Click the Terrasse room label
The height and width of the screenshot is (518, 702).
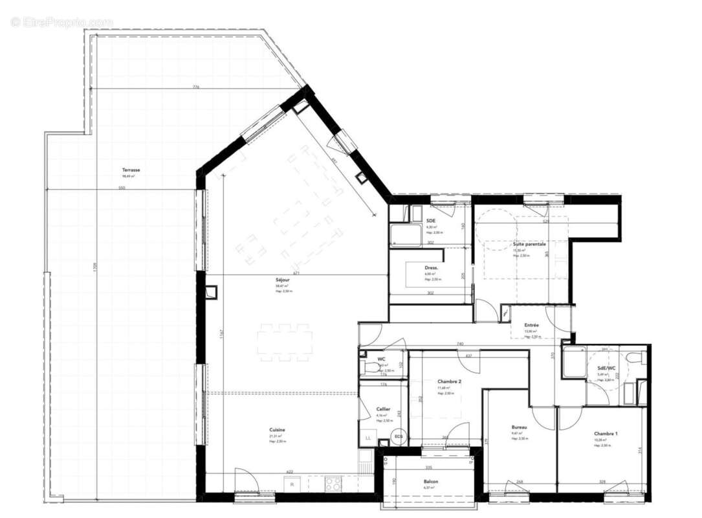(x=131, y=170)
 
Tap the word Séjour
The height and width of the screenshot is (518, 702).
(x=282, y=280)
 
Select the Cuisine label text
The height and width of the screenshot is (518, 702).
(x=278, y=430)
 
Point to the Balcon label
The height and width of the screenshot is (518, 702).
(x=431, y=482)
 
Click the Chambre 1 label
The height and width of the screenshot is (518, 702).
(x=606, y=433)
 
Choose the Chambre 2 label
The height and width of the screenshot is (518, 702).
(x=449, y=381)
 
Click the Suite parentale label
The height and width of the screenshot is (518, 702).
(x=529, y=244)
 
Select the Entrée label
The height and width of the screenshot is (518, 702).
(x=532, y=325)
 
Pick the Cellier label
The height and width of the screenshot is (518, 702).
(x=383, y=409)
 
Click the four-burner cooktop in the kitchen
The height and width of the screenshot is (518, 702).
(x=333, y=483)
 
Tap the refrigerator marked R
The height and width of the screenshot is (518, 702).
(x=292, y=484)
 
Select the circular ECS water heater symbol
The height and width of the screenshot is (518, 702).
(x=398, y=436)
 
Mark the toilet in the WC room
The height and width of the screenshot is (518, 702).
(x=371, y=367)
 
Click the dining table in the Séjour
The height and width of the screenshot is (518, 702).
(x=284, y=343)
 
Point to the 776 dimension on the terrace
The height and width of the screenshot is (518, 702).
(x=195, y=87)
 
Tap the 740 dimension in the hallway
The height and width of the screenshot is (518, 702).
(x=460, y=344)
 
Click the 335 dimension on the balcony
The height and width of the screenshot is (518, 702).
(x=428, y=466)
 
